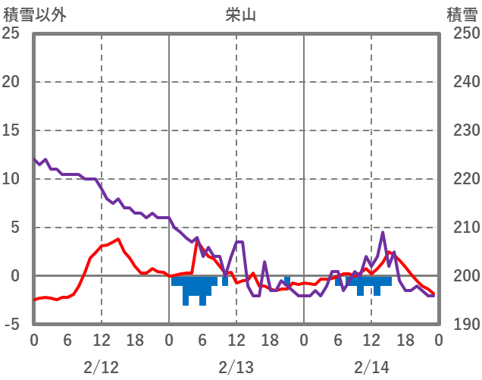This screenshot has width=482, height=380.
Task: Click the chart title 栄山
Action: pos(242,14)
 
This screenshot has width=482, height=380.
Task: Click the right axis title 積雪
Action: pos(462,14)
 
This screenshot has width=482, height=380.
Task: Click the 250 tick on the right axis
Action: pos(462,33)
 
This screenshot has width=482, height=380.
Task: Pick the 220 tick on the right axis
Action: pos(462,179)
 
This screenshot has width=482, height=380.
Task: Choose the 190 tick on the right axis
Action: pos(462,325)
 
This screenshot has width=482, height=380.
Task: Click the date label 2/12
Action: pos(102,367)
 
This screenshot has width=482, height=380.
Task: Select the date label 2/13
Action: pos(236,367)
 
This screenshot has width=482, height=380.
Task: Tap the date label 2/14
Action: pos(371,367)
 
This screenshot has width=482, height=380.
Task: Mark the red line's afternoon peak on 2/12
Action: pos(118,240)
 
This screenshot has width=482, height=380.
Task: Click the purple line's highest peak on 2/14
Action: pos(383,232)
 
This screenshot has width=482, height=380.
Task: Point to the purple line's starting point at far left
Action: pos(34,159)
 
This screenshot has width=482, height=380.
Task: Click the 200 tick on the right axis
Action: pos(462,276)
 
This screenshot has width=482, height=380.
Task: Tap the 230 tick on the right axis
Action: pos(462,130)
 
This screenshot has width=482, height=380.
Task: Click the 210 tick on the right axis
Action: pos(462,228)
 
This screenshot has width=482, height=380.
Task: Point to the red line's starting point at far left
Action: pos(34,300)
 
